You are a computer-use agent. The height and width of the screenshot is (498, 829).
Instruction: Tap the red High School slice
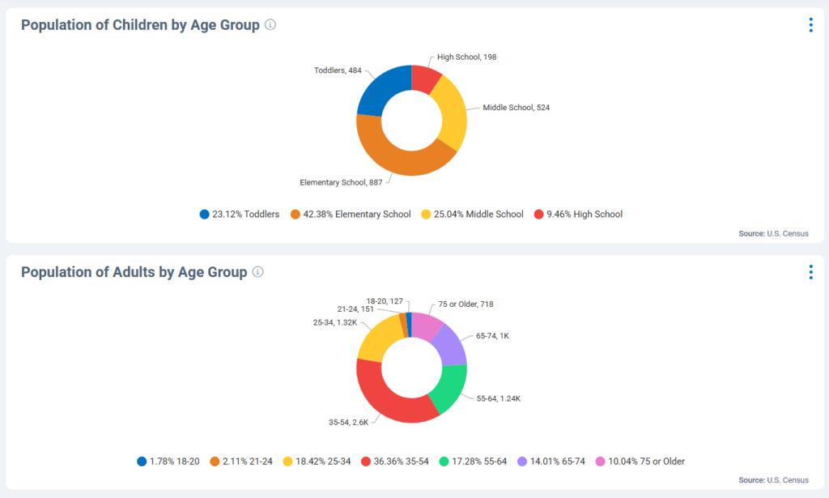point(425,78)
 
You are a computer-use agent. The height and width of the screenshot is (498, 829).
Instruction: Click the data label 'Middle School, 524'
point(517,108)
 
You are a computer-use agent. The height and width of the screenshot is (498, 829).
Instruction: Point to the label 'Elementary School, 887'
point(341,182)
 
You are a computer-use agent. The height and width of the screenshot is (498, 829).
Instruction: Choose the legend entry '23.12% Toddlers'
point(240,215)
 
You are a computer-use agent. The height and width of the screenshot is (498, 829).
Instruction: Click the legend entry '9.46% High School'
point(578,215)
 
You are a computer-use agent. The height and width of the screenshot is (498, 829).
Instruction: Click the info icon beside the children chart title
point(270,25)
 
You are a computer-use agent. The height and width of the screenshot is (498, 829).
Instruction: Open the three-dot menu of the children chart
point(810,25)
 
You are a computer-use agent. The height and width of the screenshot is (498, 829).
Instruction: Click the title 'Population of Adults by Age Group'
point(134,272)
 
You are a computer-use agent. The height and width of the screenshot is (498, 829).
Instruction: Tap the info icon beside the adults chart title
point(257,272)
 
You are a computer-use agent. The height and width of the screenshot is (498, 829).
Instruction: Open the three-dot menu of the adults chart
point(810,272)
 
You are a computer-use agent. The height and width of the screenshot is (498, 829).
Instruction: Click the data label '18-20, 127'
point(385,301)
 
